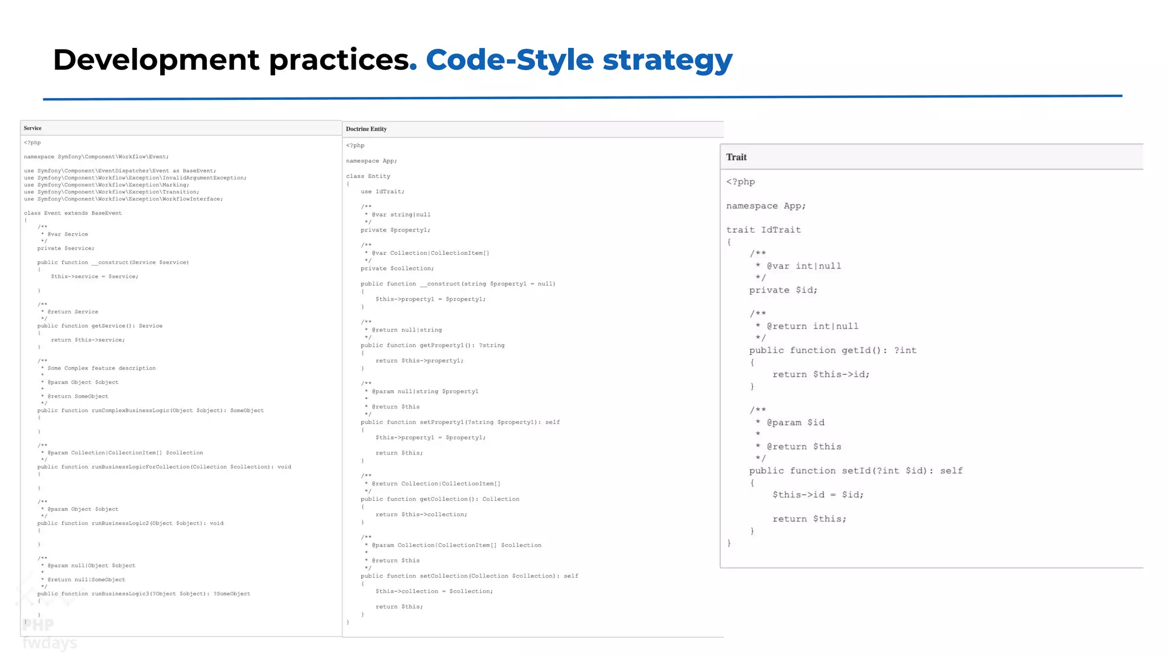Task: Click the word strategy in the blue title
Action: (667, 60)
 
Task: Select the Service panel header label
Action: (32, 128)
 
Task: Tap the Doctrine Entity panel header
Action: (366, 129)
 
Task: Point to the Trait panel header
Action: (736, 157)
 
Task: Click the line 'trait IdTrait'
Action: (763, 230)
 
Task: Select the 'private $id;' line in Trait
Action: (783, 290)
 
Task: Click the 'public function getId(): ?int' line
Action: (833, 350)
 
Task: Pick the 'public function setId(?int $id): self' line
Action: (855, 471)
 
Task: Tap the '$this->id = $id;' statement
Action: (818, 494)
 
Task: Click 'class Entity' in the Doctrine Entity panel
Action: (368, 176)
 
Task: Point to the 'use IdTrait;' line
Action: (382, 192)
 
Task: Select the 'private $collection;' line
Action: (397, 268)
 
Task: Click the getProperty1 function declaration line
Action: (432, 345)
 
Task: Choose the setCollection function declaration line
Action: (469, 576)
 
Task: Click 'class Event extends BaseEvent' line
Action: (72, 213)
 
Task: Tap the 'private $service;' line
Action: (66, 249)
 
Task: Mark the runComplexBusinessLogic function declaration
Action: (150, 411)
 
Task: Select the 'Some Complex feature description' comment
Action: (101, 368)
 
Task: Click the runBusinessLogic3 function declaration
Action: (144, 594)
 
